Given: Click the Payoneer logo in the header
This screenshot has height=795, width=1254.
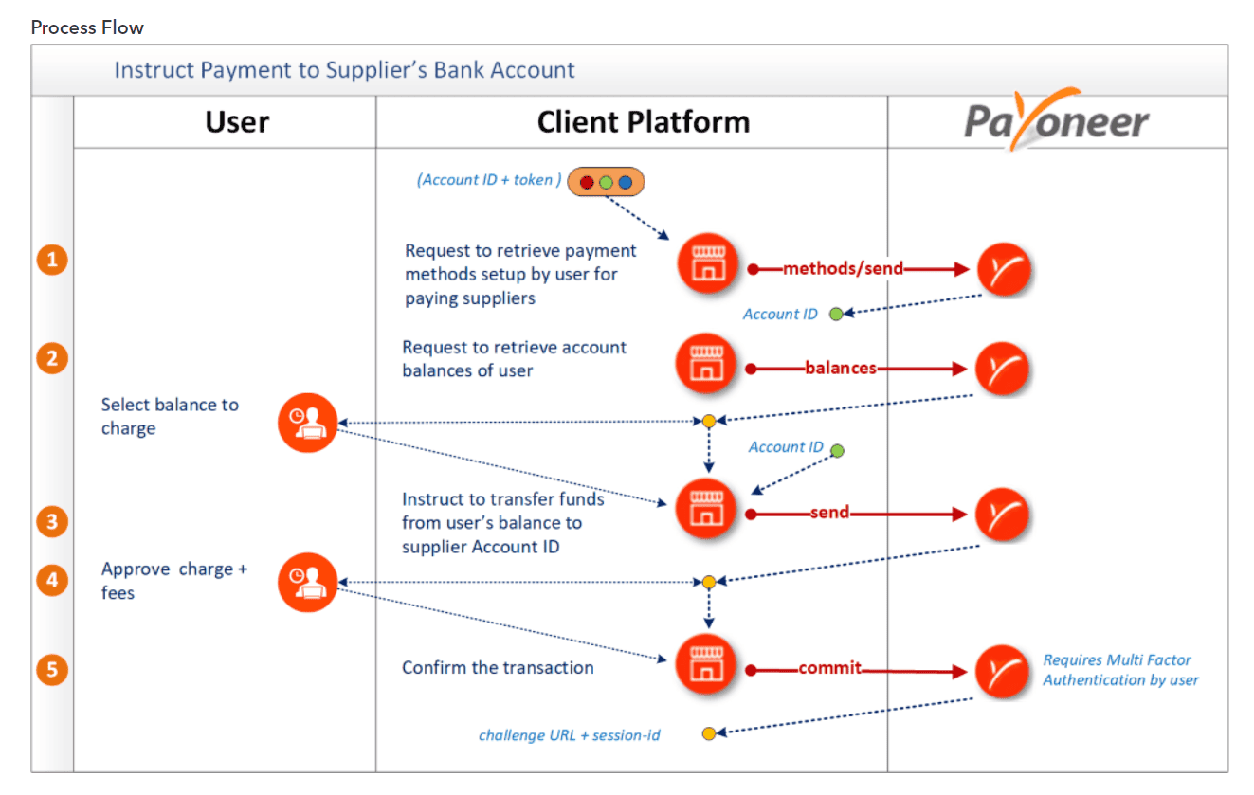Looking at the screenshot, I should click(x=1057, y=120).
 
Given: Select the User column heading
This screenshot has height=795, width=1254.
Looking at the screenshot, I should click(x=237, y=122).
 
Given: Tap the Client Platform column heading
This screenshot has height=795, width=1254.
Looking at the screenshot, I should click(x=643, y=122).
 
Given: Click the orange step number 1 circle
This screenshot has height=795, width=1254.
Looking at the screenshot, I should click(x=53, y=260).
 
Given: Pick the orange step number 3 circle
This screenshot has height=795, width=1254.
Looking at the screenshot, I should click(x=53, y=521).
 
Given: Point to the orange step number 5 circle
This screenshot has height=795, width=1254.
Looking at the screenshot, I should click(x=53, y=670).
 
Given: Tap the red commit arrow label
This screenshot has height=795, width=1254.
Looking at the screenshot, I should click(x=829, y=668).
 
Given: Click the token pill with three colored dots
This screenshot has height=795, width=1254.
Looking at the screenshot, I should click(x=606, y=182).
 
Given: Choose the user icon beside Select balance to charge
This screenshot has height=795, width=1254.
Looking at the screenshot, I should click(x=307, y=423).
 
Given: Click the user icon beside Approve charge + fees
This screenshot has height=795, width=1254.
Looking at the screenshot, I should click(x=307, y=583).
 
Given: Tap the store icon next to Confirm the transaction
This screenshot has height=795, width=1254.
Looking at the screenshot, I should click(x=705, y=663).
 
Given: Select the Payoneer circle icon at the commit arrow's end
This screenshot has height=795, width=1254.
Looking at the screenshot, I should click(x=1003, y=671).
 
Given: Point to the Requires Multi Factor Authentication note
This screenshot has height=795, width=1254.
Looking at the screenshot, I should click(x=1120, y=670).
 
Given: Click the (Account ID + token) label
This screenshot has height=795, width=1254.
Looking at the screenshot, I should click(x=488, y=180).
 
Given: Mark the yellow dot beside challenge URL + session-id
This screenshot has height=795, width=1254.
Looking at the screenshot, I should click(x=708, y=734).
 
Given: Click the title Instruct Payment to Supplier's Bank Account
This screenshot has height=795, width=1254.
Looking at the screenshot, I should click(x=344, y=70).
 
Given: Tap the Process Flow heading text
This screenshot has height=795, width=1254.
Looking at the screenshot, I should click(x=87, y=27).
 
